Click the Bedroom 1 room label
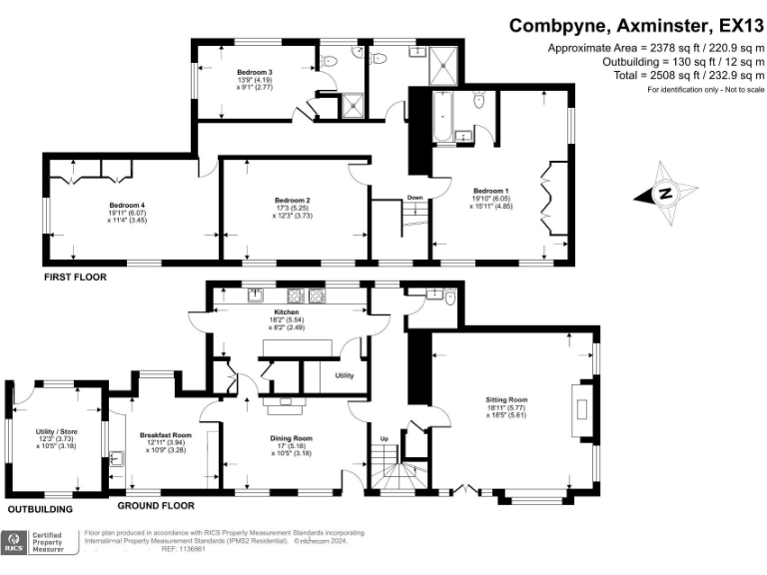[x=490, y=190]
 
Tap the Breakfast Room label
[x=165, y=435]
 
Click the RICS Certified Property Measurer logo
[x=40, y=542]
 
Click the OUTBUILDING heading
[x=41, y=509]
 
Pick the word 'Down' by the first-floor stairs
[x=414, y=198]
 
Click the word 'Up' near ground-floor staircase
[x=384, y=438]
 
